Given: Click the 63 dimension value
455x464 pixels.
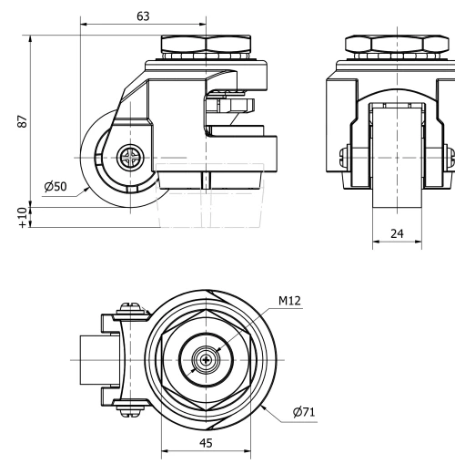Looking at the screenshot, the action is tap(143, 16).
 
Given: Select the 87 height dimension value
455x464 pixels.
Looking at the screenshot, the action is tap(23, 121).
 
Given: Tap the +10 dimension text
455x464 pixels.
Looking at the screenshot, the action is tap(23, 218).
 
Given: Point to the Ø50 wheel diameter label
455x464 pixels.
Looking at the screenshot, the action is tap(56, 186).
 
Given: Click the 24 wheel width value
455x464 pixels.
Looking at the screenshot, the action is tap(397, 233).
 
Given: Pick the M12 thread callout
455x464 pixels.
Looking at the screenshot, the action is tap(289, 301).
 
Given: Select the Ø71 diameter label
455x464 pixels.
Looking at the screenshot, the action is tap(304, 412).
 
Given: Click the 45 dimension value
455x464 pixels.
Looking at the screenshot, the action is tap(206, 443).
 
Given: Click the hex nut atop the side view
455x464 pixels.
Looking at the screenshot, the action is tap(206, 45).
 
